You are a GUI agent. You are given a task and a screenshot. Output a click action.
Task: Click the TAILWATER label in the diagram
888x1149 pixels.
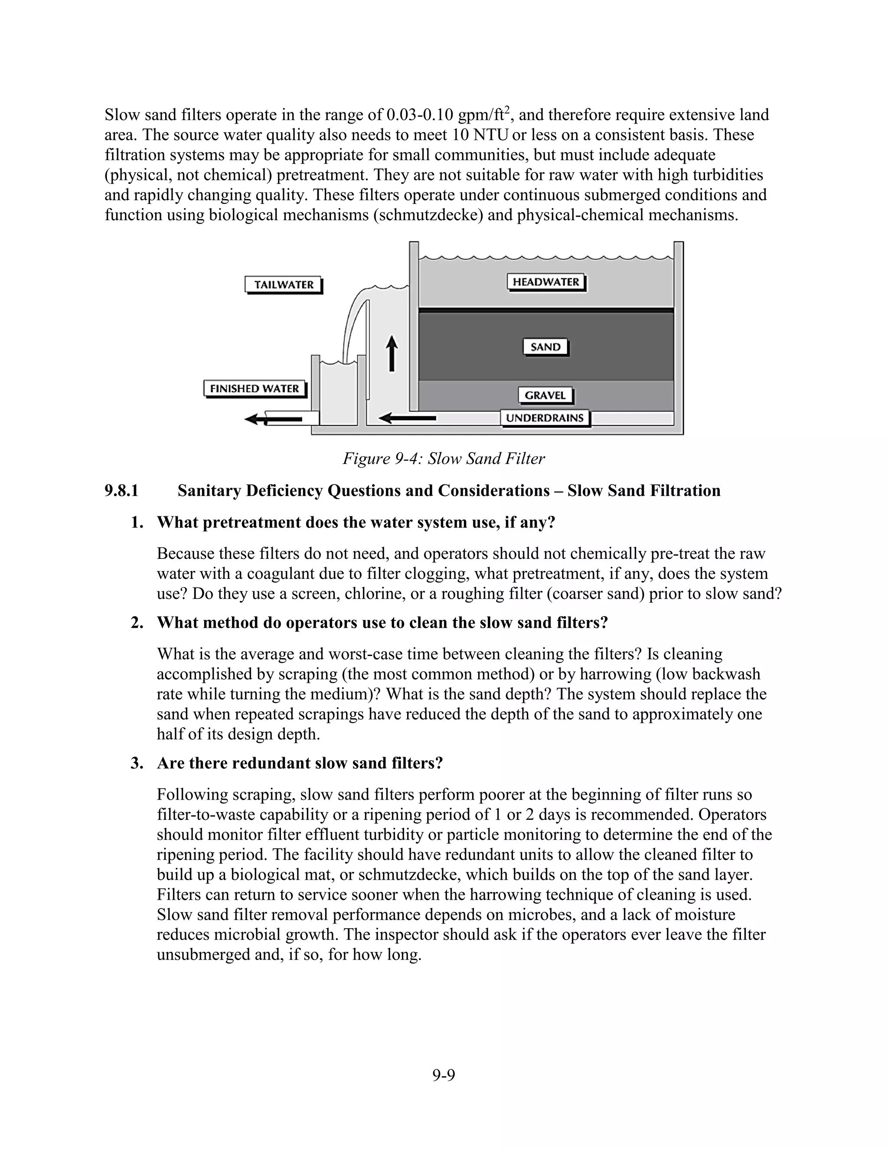point(284,285)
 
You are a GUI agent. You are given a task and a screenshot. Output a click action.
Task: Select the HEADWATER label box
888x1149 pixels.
point(545,282)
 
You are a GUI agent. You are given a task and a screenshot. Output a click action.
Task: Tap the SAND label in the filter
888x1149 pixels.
point(545,347)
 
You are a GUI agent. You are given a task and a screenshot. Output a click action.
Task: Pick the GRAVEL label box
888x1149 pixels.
point(545,395)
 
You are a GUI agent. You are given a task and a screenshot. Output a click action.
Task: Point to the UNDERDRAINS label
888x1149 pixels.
point(545,418)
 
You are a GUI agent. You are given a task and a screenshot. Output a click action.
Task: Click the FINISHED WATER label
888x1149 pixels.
point(254,389)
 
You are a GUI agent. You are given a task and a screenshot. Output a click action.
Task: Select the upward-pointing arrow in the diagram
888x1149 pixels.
point(392,353)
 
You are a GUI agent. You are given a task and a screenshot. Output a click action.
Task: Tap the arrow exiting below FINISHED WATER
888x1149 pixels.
point(274,419)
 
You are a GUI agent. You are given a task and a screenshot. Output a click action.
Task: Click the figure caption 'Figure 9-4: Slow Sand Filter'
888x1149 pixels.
point(444,459)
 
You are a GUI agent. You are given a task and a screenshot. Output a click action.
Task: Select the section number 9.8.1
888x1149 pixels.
point(121,491)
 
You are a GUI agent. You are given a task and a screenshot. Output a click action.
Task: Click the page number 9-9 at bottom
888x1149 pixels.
point(444,1075)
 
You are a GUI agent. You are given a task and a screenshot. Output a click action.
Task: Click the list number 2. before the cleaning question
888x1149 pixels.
point(137,623)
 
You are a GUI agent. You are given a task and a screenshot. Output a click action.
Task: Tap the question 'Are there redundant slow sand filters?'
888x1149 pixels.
point(300,764)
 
